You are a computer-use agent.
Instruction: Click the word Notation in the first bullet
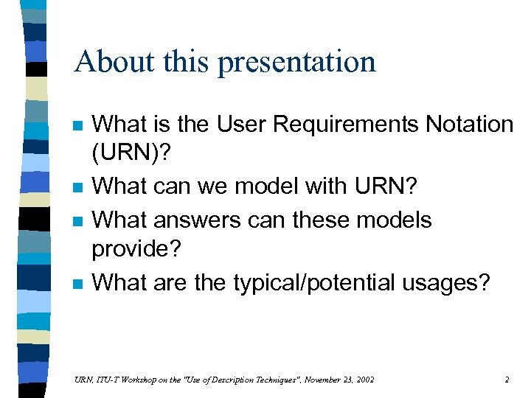tap(469, 125)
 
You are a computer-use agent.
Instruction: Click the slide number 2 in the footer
tap(507, 380)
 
